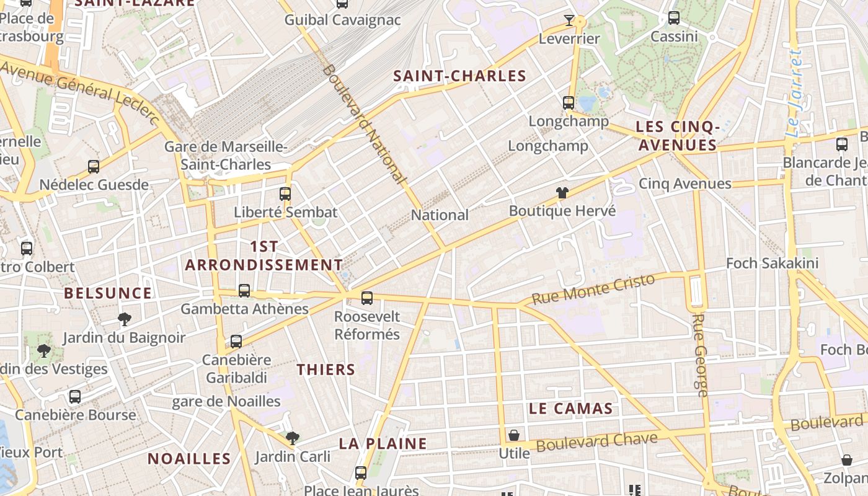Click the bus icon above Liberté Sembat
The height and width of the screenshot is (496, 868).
(x=285, y=194)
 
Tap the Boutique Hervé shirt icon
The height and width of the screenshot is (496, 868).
(x=562, y=193)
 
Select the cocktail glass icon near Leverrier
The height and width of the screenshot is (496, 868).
(x=569, y=20)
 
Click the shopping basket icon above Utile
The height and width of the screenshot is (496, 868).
(x=514, y=435)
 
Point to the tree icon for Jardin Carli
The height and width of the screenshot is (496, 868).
(x=293, y=438)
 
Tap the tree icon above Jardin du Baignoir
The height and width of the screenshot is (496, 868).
(x=124, y=319)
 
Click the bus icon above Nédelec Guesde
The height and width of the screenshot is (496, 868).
(x=94, y=167)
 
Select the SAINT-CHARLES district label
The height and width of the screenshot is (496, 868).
(x=460, y=76)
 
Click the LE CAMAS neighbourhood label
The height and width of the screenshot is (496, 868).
(x=571, y=409)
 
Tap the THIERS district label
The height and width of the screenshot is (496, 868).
(x=325, y=370)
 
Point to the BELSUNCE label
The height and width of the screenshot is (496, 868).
(x=108, y=293)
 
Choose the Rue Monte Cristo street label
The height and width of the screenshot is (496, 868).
(x=593, y=290)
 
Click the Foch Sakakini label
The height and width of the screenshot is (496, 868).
(x=772, y=263)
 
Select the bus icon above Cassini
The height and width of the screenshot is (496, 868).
(x=674, y=19)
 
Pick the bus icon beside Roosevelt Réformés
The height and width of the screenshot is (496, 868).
(x=367, y=298)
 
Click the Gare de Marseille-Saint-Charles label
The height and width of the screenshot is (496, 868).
(x=226, y=156)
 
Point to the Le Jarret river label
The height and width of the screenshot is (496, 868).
(x=794, y=93)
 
